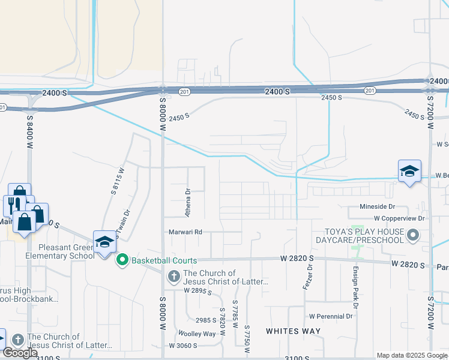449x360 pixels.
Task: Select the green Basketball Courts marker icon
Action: pyautogui.click(x=122, y=260)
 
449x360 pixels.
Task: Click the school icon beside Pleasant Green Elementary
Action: pyautogui.click(x=104, y=242)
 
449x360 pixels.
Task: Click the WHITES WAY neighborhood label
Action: pyautogui.click(x=293, y=331)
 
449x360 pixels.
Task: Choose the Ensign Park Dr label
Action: pyautogui.click(x=355, y=293)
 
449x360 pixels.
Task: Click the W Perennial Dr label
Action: pyautogui.click(x=330, y=316)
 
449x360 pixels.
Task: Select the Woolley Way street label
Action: pyautogui.click(x=196, y=334)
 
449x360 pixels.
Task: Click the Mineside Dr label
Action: pyautogui.click(x=376, y=207)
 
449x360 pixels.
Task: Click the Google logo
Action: pyautogui.click(x=20, y=353)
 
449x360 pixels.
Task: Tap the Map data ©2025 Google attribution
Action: pyautogui.click(x=412, y=355)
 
